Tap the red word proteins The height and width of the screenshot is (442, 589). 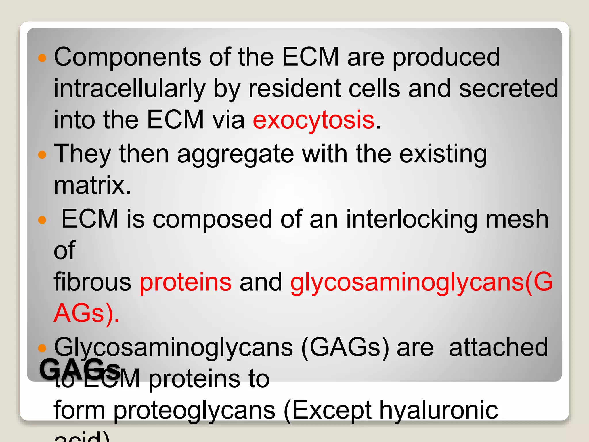tap(186, 282)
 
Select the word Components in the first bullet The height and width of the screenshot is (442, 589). tap(127, 57)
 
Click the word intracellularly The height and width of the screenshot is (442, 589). tap(129, 89)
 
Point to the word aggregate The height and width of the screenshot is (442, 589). tap(235, 154)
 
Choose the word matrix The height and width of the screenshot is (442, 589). tap(92, 185)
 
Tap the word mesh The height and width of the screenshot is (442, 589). tap(517, 219)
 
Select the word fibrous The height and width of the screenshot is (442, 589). tap(92, 282)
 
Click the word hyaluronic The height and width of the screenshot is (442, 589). tap(439, 410)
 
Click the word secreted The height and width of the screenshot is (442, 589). tap(508, 89)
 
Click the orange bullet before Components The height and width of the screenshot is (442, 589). tap(42, 58)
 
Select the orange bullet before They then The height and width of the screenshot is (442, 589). tap(42, 155)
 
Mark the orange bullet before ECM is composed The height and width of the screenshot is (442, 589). tap(42, 220)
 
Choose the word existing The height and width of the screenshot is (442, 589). tap(443, 154)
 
